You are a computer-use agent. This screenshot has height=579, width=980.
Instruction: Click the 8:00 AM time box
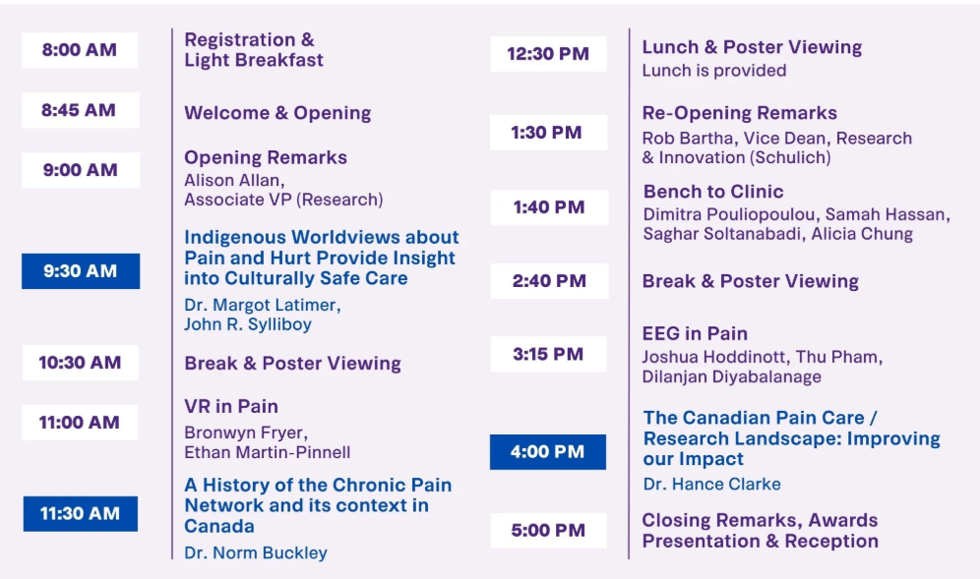80,50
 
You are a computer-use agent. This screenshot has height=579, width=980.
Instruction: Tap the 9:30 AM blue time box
81,271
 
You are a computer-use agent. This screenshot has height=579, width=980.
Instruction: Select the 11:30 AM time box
81,513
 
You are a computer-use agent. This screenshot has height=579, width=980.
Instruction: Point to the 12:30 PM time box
548,54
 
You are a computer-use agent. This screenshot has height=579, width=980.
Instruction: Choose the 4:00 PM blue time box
547,451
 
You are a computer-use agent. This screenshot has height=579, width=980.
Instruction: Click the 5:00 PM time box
548,530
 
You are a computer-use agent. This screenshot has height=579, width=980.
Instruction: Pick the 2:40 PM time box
549,281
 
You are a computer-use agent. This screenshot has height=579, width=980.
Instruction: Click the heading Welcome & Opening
277,113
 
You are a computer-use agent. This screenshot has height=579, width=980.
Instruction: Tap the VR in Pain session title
231,407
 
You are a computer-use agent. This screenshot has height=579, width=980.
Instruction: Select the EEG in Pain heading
695,333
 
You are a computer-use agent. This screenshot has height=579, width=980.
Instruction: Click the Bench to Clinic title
713,191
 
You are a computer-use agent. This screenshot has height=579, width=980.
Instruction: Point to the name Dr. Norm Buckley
256,552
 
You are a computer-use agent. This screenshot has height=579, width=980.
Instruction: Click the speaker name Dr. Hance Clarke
711,484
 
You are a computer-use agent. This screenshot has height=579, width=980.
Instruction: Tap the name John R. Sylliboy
248,324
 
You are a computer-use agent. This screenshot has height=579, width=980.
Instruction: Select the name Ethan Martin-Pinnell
267,452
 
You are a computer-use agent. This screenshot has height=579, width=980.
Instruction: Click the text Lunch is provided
714,71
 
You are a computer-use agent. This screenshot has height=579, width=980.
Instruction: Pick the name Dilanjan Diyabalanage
732,376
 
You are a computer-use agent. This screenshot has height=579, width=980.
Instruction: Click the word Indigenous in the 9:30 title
234,237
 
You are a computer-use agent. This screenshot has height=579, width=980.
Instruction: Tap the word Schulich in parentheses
792,157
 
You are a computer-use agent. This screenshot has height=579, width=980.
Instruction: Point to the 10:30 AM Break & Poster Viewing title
292,364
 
